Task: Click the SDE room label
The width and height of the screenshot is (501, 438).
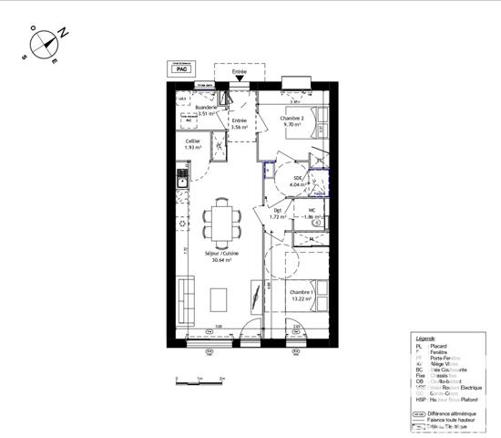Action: tap(297, 179)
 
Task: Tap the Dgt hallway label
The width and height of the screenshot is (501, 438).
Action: tap(278, 213)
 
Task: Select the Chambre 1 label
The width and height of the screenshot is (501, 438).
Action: tap(302, 292)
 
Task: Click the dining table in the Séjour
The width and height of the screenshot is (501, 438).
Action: tap(220, 219)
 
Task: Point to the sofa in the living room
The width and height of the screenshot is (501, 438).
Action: tap(187, 297)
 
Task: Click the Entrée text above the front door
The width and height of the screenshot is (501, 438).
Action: tap(239, 70)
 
